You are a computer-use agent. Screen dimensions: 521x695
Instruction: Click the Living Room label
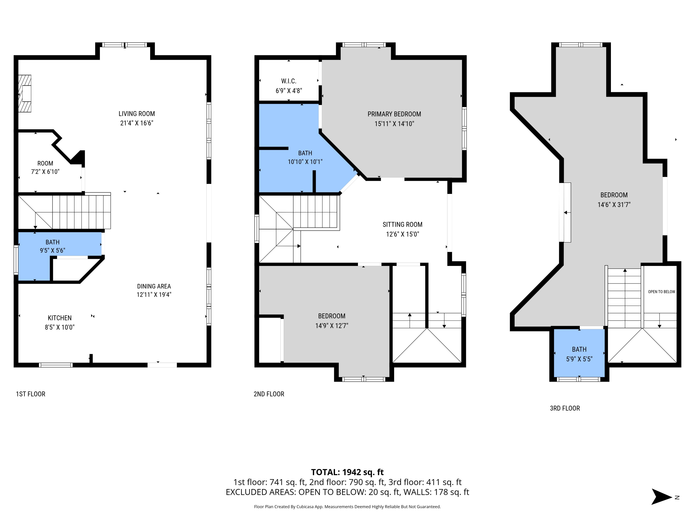pos(136,114)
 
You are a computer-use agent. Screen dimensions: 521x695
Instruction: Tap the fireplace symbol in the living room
pos(25,94)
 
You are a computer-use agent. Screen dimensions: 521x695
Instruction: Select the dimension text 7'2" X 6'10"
pos(45,172)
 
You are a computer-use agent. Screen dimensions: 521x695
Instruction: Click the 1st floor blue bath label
pos(52,242)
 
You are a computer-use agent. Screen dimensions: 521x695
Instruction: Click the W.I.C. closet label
pos(288,81)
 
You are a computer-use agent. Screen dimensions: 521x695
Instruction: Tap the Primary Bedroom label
pos(394,114)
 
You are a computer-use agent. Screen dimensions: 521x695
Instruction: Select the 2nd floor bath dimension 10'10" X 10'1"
pos(305,162)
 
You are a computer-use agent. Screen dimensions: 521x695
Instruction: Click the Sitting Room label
pos(402,225)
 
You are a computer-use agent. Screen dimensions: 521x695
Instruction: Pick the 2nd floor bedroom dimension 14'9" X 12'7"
pos(332,326)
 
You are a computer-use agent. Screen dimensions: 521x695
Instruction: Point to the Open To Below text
pos(661,292)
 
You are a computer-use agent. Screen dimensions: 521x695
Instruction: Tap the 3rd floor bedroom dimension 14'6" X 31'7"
pos(614,205)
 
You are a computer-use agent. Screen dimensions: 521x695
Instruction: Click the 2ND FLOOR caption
pos(269,394)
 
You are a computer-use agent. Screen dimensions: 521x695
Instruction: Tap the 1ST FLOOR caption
pos(31,394)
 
